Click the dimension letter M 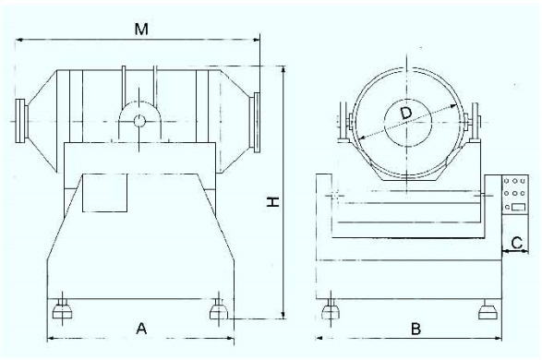pos(141,29)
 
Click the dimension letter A pos(141,329)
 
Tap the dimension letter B pos(416,329)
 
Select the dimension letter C pos(516,243)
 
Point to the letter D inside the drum pos(406,113)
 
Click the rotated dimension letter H pos(272,202)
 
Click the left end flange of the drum pos(21,120)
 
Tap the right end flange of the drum pos(257,122)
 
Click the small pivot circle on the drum pos(139,121)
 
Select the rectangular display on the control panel pos(519,208)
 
